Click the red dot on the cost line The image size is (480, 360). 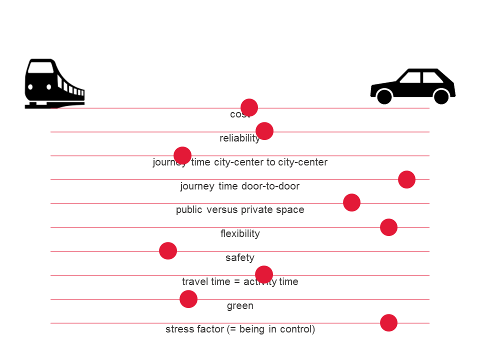click(x=249, y=107)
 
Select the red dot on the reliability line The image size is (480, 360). click(x=264, y=131)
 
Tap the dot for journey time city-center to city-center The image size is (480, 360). click(x=182, y=155)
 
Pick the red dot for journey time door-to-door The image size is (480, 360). click(x=406, y=179)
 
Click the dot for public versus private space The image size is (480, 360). click(x=351, y=202)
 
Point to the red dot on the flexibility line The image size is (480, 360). click(x=388, y=227)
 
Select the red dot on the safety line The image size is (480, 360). click(x=168, y=250)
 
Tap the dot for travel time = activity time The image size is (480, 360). click(x=264, y=274)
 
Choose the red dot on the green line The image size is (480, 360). click(x=188, y=299)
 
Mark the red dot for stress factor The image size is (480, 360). click(x=388, y=323)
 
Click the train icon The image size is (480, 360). click(x=54, y=83)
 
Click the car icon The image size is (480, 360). click(x=413, y=86)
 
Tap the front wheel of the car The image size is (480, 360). click(x=384, y=96)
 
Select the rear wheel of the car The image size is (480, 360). click(x=441, y=96)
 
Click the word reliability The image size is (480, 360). click(x=239, y=138)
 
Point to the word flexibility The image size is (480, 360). click(x=240, y=234)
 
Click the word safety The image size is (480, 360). click(x=240, y=258)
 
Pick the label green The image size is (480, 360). click(x=240, y=306)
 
